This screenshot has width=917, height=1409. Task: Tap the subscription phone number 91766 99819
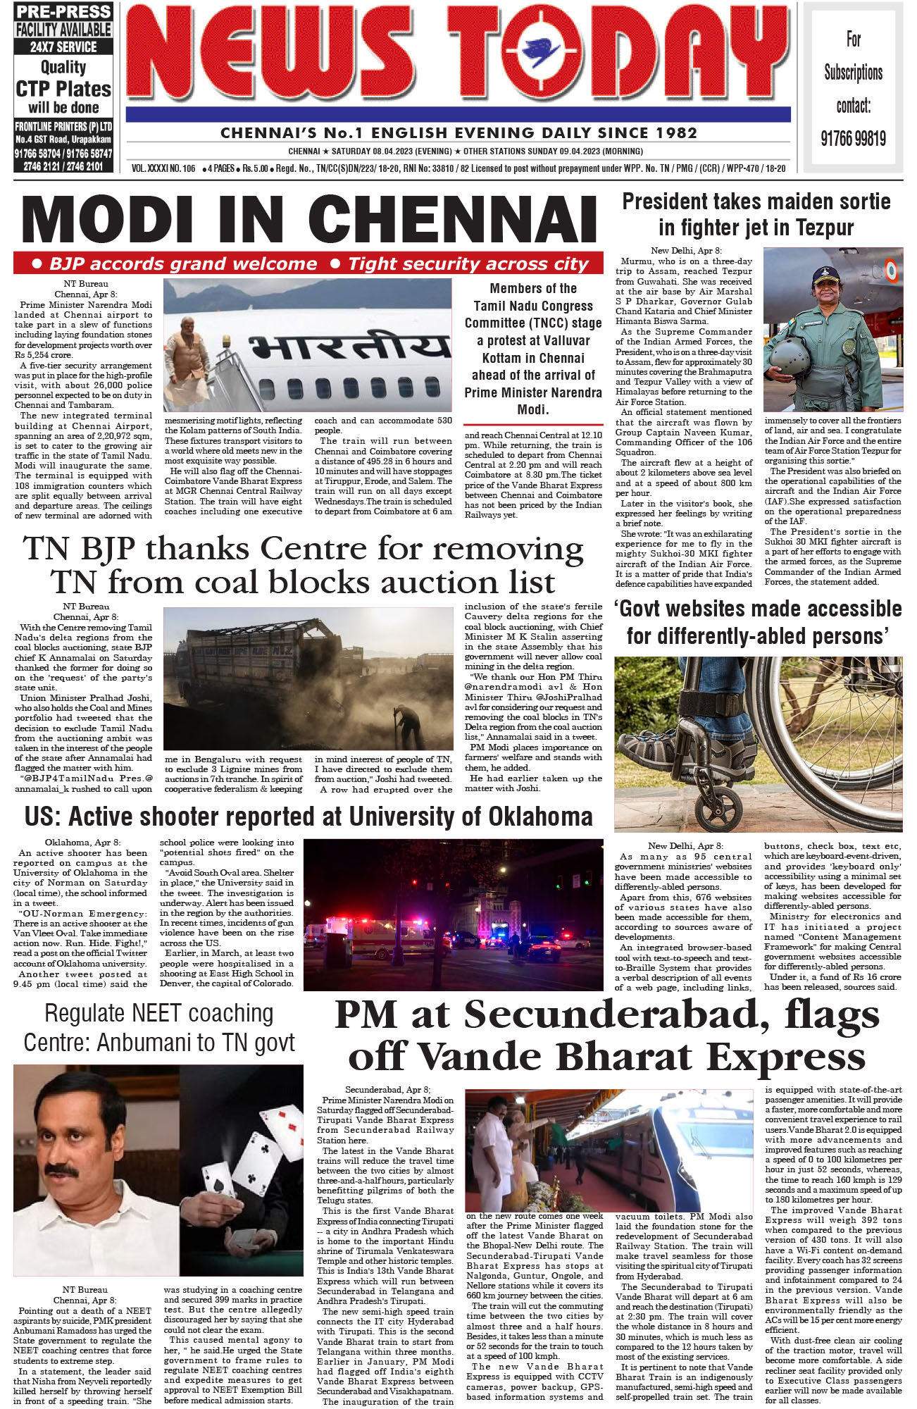coord(853,138)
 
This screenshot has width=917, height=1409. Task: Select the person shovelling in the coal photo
coord(406,726)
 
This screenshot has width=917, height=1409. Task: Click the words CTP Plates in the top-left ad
coord(63,89)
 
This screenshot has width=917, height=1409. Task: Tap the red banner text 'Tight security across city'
coord(468,264)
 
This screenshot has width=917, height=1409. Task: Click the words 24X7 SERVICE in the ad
coord(63,47)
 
